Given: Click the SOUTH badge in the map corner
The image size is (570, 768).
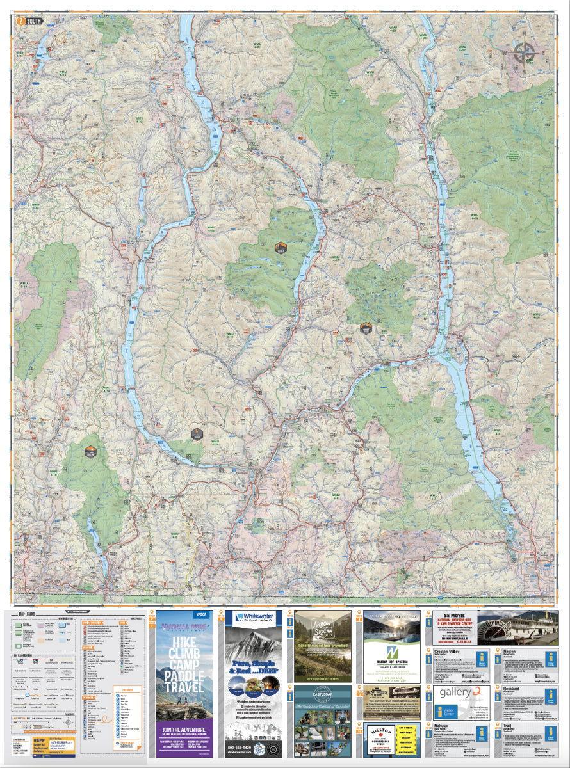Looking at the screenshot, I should click(31, 20).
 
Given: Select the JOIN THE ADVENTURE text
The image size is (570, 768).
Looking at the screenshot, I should click(183, 730).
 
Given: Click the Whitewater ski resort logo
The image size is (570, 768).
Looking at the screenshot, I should click(253, 618).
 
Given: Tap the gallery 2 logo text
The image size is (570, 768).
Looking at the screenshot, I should click(459, 695).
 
